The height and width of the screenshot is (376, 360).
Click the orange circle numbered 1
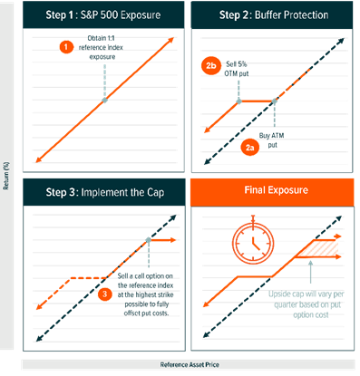(x=66, y=47)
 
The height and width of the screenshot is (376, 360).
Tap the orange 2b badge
(x=211, y=65)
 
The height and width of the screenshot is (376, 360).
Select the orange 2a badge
(x=250, y=147)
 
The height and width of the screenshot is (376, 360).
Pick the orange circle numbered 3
(x=104, y=294)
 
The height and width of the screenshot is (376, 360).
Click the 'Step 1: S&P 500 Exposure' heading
(x=103, y=15)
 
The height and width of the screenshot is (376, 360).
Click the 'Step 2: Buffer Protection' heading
(x=274, y=15)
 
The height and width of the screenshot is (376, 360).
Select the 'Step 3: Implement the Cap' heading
(x=105, y=192)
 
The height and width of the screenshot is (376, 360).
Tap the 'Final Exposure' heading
(x=277, y=190)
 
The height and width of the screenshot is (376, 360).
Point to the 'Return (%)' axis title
(x=6, y=176)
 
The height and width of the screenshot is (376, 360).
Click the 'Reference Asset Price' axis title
(x=190, y=365)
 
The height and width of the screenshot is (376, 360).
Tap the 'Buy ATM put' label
(x=272, y=140)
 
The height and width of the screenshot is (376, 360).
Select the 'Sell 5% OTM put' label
(x=237, y=69)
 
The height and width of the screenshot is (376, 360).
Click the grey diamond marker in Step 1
(x=104, y=101)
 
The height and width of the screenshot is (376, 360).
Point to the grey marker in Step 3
(x=148, y=240)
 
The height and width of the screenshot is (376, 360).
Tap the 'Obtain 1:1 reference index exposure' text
(x=101, y=47)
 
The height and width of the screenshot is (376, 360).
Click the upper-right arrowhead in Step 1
(x=171, y=40)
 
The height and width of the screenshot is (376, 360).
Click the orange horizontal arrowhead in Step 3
(x=172, y=240)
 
